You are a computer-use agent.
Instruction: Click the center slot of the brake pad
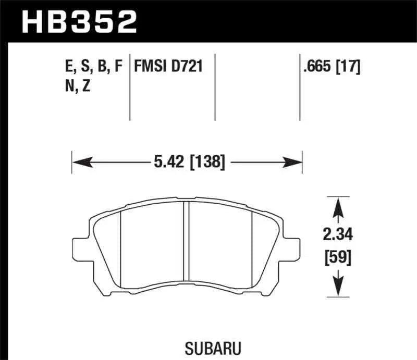coord(187,240)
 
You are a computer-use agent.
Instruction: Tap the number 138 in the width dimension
coord(210,163)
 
